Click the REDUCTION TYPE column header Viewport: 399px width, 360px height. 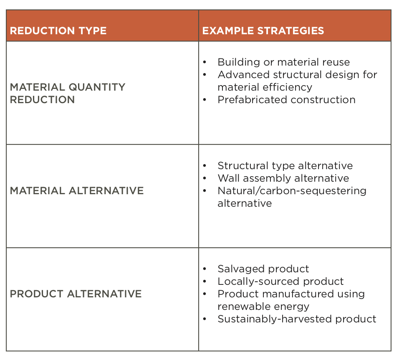[x=58, y=31]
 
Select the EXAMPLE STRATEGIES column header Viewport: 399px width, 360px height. [x=263, y=31]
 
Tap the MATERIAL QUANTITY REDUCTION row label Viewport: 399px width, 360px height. [x=68, y=93]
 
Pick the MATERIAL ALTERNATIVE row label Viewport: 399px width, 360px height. [x=77, y=191]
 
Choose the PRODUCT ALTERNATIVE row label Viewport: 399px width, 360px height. [x=76, y=294]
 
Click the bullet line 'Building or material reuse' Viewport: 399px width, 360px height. [x=284, y=62]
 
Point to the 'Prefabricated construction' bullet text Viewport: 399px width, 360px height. [x=287, y=100]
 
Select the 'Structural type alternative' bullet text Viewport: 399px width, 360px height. [x=285, y=166]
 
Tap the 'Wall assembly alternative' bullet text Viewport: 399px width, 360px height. [x=283, y=178]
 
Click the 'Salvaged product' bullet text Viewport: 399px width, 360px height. [x=263, y=269]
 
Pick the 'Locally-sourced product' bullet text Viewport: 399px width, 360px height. [x=280, y=281]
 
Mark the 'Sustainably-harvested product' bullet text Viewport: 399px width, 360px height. [x=297, y=319]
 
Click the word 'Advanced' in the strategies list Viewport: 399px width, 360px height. [x=243, y=75]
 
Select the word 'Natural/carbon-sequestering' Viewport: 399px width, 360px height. [x=292, y=191]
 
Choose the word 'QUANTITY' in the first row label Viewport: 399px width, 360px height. [x=97, y=87]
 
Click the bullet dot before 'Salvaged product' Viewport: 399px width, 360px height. [x=205, y=269]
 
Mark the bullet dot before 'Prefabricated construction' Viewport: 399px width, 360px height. [x=205, y=100]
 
